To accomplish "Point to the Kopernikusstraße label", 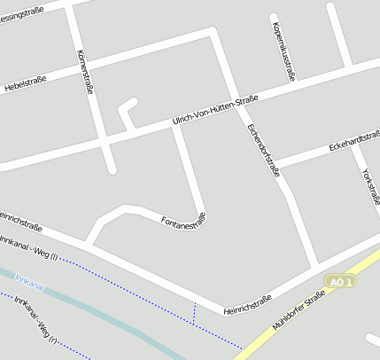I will tap(284, 51).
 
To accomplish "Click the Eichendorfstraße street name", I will tap(263, 148).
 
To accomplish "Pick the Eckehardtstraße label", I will tap(354, 140).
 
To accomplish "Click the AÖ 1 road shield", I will tap(340, 281).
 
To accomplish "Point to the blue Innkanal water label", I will tap(30, 284).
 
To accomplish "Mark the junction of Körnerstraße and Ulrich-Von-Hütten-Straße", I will tap(104, 142).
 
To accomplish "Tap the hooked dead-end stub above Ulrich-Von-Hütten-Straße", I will tap(127, 111).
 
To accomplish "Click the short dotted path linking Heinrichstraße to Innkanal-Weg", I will tap(194, 311).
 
